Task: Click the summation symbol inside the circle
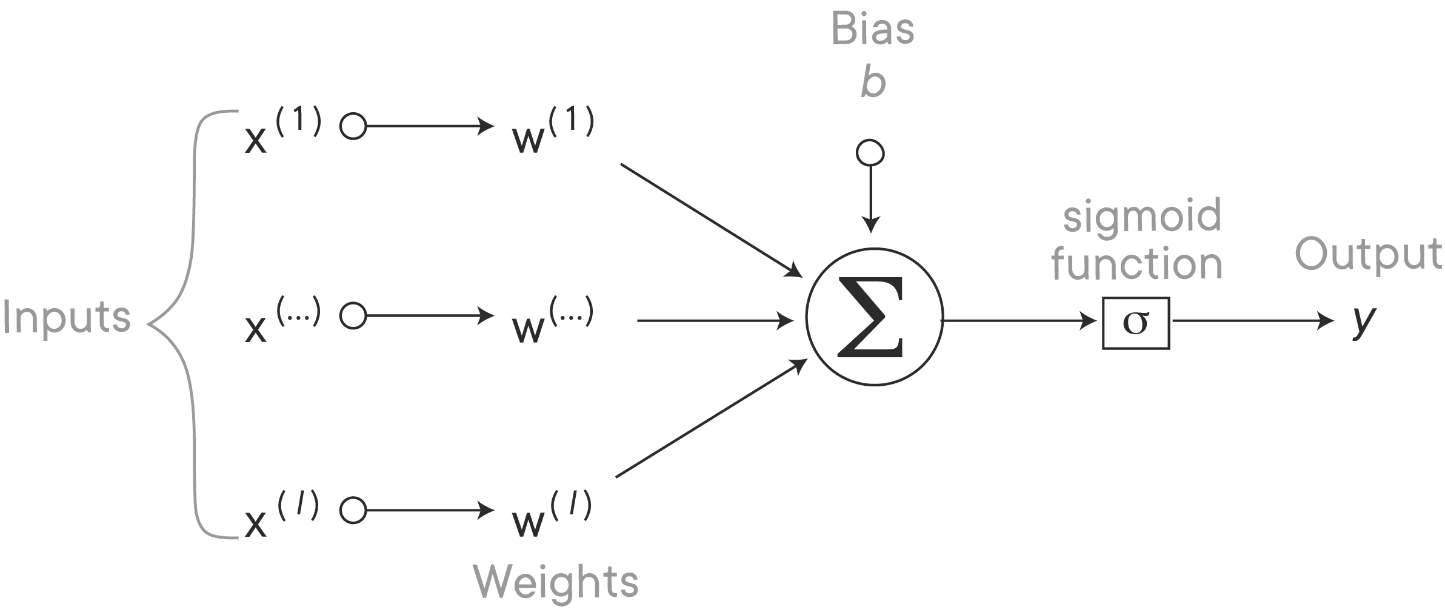(873, 318)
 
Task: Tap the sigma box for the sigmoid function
(1136, 324)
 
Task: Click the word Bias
(872, 30)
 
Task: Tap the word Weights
(555, 583)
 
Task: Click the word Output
(1369, 255)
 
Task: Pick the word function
(1135, 265)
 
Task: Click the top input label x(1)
(282, 130)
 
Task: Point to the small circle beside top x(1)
(352, 127)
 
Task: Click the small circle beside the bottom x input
(352, 510)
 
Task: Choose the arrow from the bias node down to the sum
(870, 200)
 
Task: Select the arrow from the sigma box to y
(1255, 321)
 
